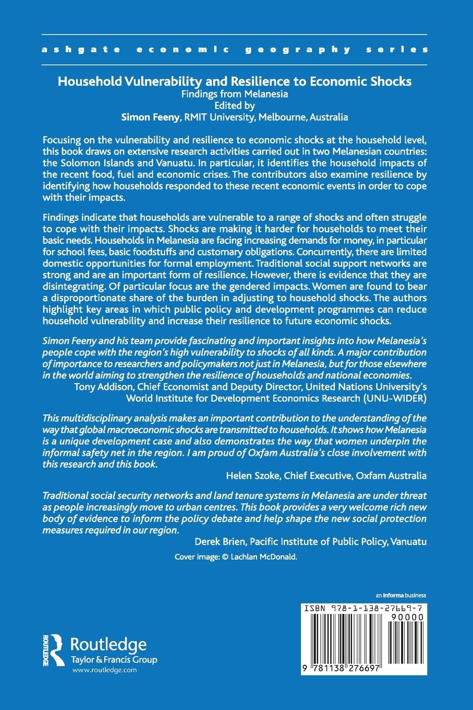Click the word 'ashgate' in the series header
(81, 50)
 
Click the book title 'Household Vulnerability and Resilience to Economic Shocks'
(234, 81)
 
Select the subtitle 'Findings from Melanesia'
(234, 94)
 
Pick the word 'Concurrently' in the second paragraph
(326, 252)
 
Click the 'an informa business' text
(401, 595)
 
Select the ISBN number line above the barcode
(362, 608)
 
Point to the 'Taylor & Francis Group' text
(114, 660)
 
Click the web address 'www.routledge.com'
(104, 670)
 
